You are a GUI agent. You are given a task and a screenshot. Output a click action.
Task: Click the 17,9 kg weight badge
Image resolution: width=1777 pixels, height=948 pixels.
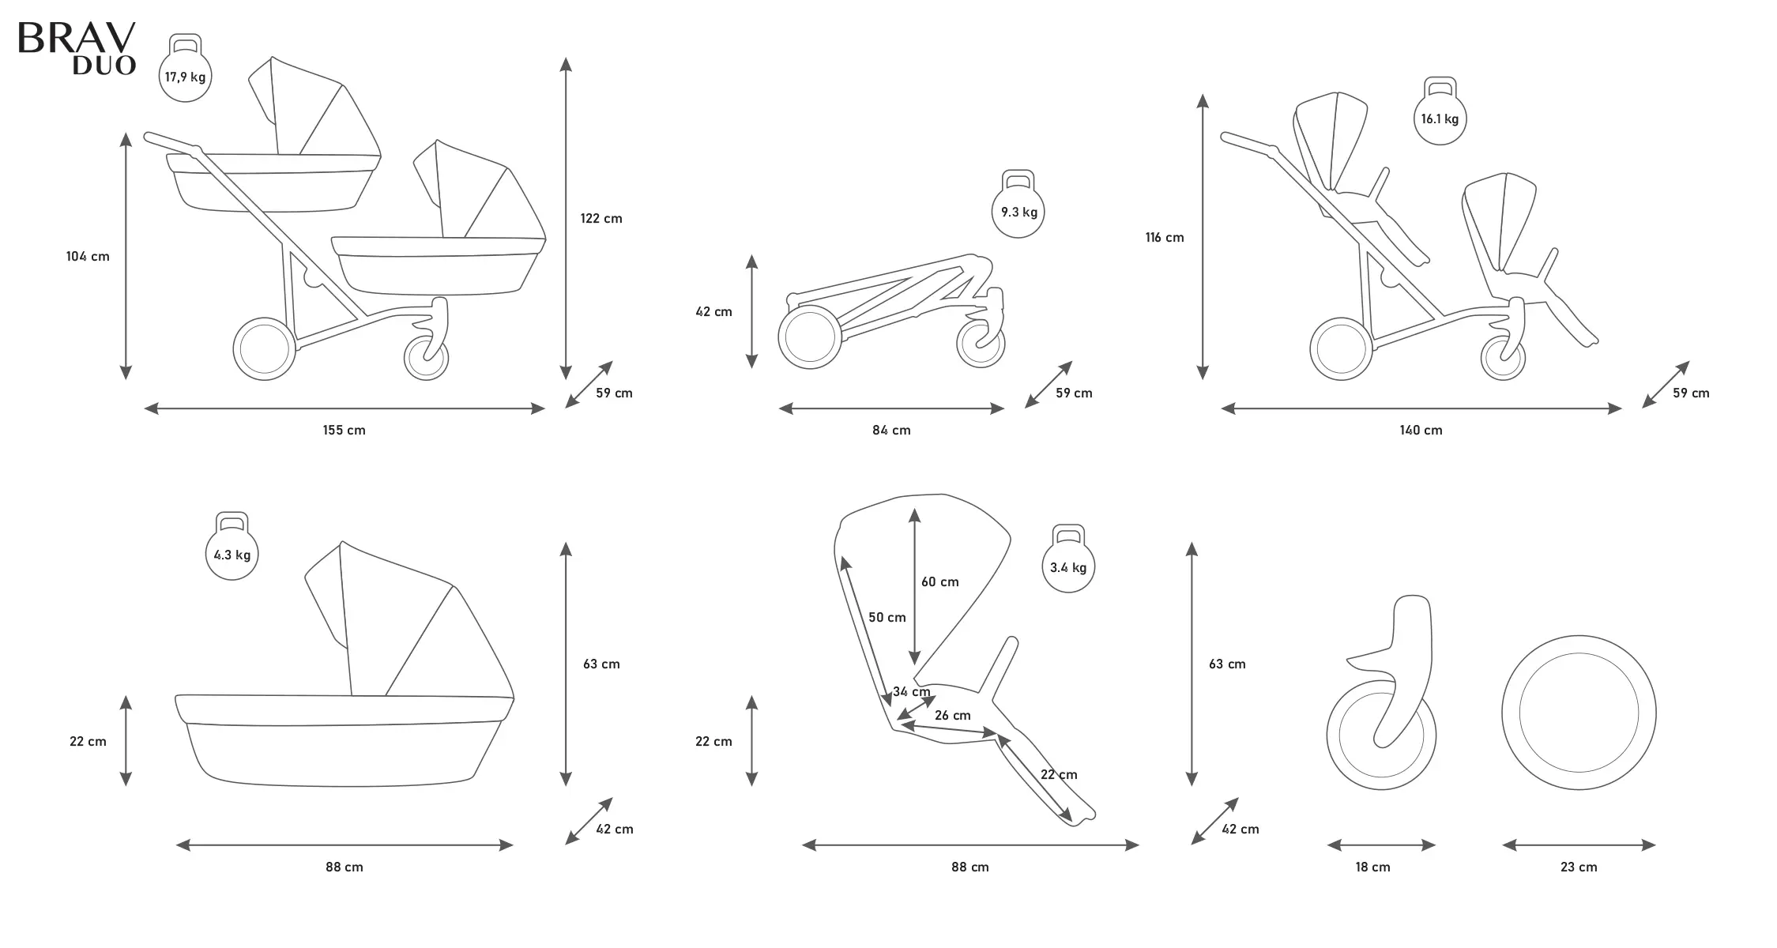185,76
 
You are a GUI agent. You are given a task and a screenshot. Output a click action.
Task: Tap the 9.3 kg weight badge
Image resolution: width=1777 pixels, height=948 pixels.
1018,211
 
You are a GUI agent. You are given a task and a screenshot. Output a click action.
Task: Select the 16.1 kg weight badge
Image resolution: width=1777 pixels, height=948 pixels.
1439,118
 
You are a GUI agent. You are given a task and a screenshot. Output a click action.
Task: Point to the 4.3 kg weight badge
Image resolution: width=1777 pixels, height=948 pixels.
232,554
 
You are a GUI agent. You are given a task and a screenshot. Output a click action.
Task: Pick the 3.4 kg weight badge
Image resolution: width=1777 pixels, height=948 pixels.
1067,566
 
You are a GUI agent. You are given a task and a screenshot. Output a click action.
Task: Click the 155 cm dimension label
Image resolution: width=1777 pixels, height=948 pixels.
344,431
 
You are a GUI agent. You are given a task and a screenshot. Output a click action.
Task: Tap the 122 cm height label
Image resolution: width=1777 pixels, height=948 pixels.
600,219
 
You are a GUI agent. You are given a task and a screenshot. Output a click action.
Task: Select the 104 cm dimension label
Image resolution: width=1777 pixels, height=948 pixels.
88,257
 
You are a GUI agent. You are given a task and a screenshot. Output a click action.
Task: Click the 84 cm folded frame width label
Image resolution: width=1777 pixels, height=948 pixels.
891,431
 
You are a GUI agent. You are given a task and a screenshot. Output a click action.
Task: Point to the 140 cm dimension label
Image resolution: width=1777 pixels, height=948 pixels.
1421,431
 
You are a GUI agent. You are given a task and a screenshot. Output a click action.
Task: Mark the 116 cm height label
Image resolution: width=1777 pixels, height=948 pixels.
1165,238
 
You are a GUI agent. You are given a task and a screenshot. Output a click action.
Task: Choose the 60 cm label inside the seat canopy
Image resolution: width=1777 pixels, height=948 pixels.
939,582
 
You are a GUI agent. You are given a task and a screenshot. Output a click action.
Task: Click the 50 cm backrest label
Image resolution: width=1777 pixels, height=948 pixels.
887,618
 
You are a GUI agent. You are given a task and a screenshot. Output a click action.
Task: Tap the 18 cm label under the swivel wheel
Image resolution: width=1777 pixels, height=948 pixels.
1372,867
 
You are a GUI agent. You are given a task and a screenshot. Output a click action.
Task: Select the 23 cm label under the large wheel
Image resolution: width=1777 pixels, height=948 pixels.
1579,867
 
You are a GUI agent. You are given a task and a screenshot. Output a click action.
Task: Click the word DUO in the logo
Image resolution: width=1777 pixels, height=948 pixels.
104,66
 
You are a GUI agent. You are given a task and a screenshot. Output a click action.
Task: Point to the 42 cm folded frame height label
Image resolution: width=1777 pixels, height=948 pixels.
713,312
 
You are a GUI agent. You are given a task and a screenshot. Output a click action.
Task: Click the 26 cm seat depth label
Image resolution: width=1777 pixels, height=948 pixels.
952,716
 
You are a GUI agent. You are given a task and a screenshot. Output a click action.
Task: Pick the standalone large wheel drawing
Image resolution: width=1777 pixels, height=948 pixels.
1579,713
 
